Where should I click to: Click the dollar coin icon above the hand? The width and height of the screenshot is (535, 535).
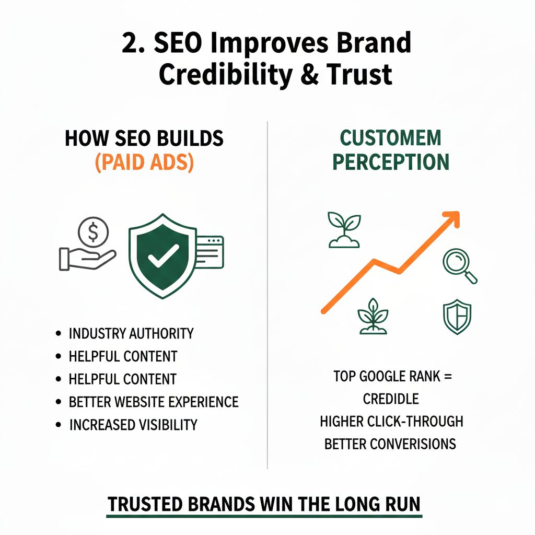pyautogui.click(x=92, y=230)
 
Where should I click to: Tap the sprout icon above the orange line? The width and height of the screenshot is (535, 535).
pyautogui.click(x=343, y=229)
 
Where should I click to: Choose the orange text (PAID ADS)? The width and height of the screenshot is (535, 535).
pyautogui.click(x=144, y=162)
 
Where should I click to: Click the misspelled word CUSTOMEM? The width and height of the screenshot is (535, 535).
pyautogui.click(x=391, y=138)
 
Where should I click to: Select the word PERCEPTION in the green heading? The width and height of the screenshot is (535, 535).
pyautogui.click(x=391, y=162)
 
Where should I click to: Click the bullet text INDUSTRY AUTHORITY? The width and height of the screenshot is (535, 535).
pyautogui.click(x=131, y=333)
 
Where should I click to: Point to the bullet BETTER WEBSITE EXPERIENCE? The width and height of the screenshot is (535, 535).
pyautogui.click(x=154, y=402)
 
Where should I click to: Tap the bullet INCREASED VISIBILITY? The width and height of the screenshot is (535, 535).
pyautogui.click(x=133, y=424)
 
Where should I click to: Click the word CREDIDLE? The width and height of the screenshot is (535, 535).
pyautogui.click(x=391, y=399)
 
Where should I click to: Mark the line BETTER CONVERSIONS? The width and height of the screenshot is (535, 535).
pyautogui.click(x=390, y=444)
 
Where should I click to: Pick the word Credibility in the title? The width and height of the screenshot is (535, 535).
pyautogui.click(x=225, y=74)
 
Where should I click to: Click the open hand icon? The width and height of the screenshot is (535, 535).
pyautogui.click(x=86, y=257)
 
